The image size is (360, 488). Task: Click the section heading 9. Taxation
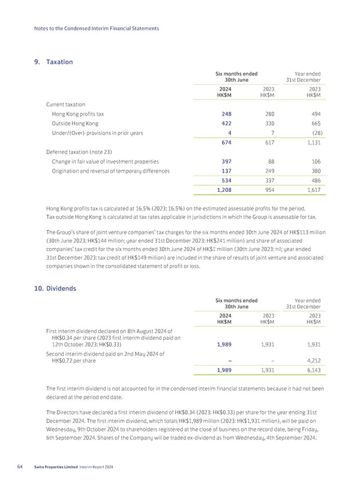(x=55, y=62)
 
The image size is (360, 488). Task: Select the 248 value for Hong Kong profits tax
(x=226, y=115)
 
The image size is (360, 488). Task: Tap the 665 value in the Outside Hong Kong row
(x=314, y=125)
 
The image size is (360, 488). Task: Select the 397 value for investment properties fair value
(x=226, y=162)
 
